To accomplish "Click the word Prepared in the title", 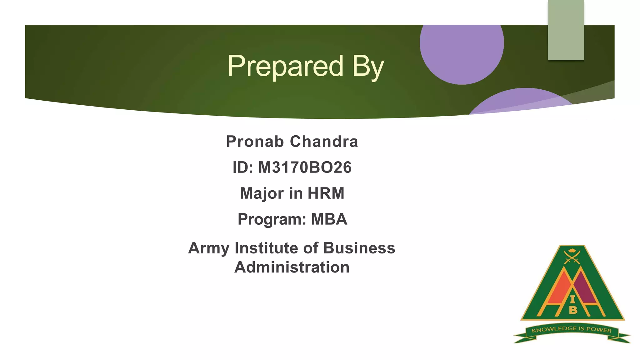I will (285, 66).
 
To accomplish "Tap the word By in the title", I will (368, 66).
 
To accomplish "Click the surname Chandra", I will (324, 142).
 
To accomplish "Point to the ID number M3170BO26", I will (305, 167).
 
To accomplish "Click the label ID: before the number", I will (243, 167).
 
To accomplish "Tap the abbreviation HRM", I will (326, 193).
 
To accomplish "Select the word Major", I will (262, 193).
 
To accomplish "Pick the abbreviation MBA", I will (329, 219).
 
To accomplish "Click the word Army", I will (209, 248).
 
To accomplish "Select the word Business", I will (359, 248).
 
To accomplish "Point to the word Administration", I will (292, 267).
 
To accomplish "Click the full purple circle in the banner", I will (462, 50).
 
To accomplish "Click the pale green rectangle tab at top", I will (566, 30).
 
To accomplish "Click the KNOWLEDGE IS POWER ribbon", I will (572, 330).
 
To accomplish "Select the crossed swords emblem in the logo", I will (572, 257).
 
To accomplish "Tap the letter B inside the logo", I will (573, 310).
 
